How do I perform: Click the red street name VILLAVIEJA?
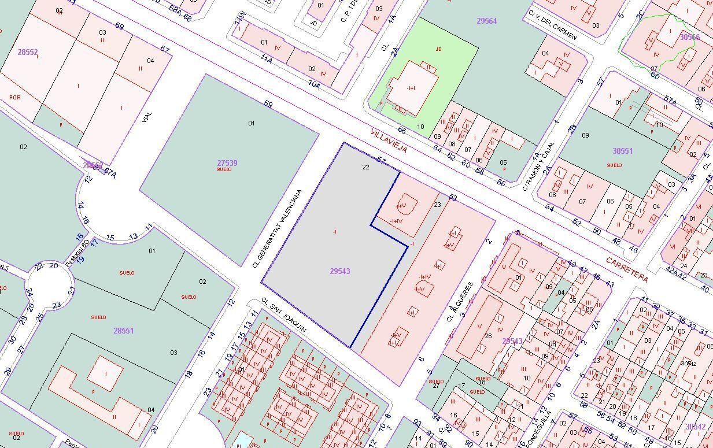(x=389, y=141)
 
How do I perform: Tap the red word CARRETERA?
(x=627, y=269)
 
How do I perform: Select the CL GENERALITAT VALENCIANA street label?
(x=278, y=229)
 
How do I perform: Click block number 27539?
(x=227, y=163)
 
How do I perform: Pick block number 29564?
(x=486, y=21)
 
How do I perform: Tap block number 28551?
(x=123, y=331)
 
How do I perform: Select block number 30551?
(x=623, y=151)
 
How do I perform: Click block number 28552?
(x=27, y=52)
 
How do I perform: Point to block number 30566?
(x=689, y=37)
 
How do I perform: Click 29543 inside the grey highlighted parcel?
(x=340, y=271)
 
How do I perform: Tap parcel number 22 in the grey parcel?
(x=365, y=167)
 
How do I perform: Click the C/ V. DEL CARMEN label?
(x=553, y=25)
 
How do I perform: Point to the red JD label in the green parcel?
(x=438, y=50)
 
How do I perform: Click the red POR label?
(x=15, y=98)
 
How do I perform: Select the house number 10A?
(x=314, y=84)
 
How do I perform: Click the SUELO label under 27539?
(x=224, y=169)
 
